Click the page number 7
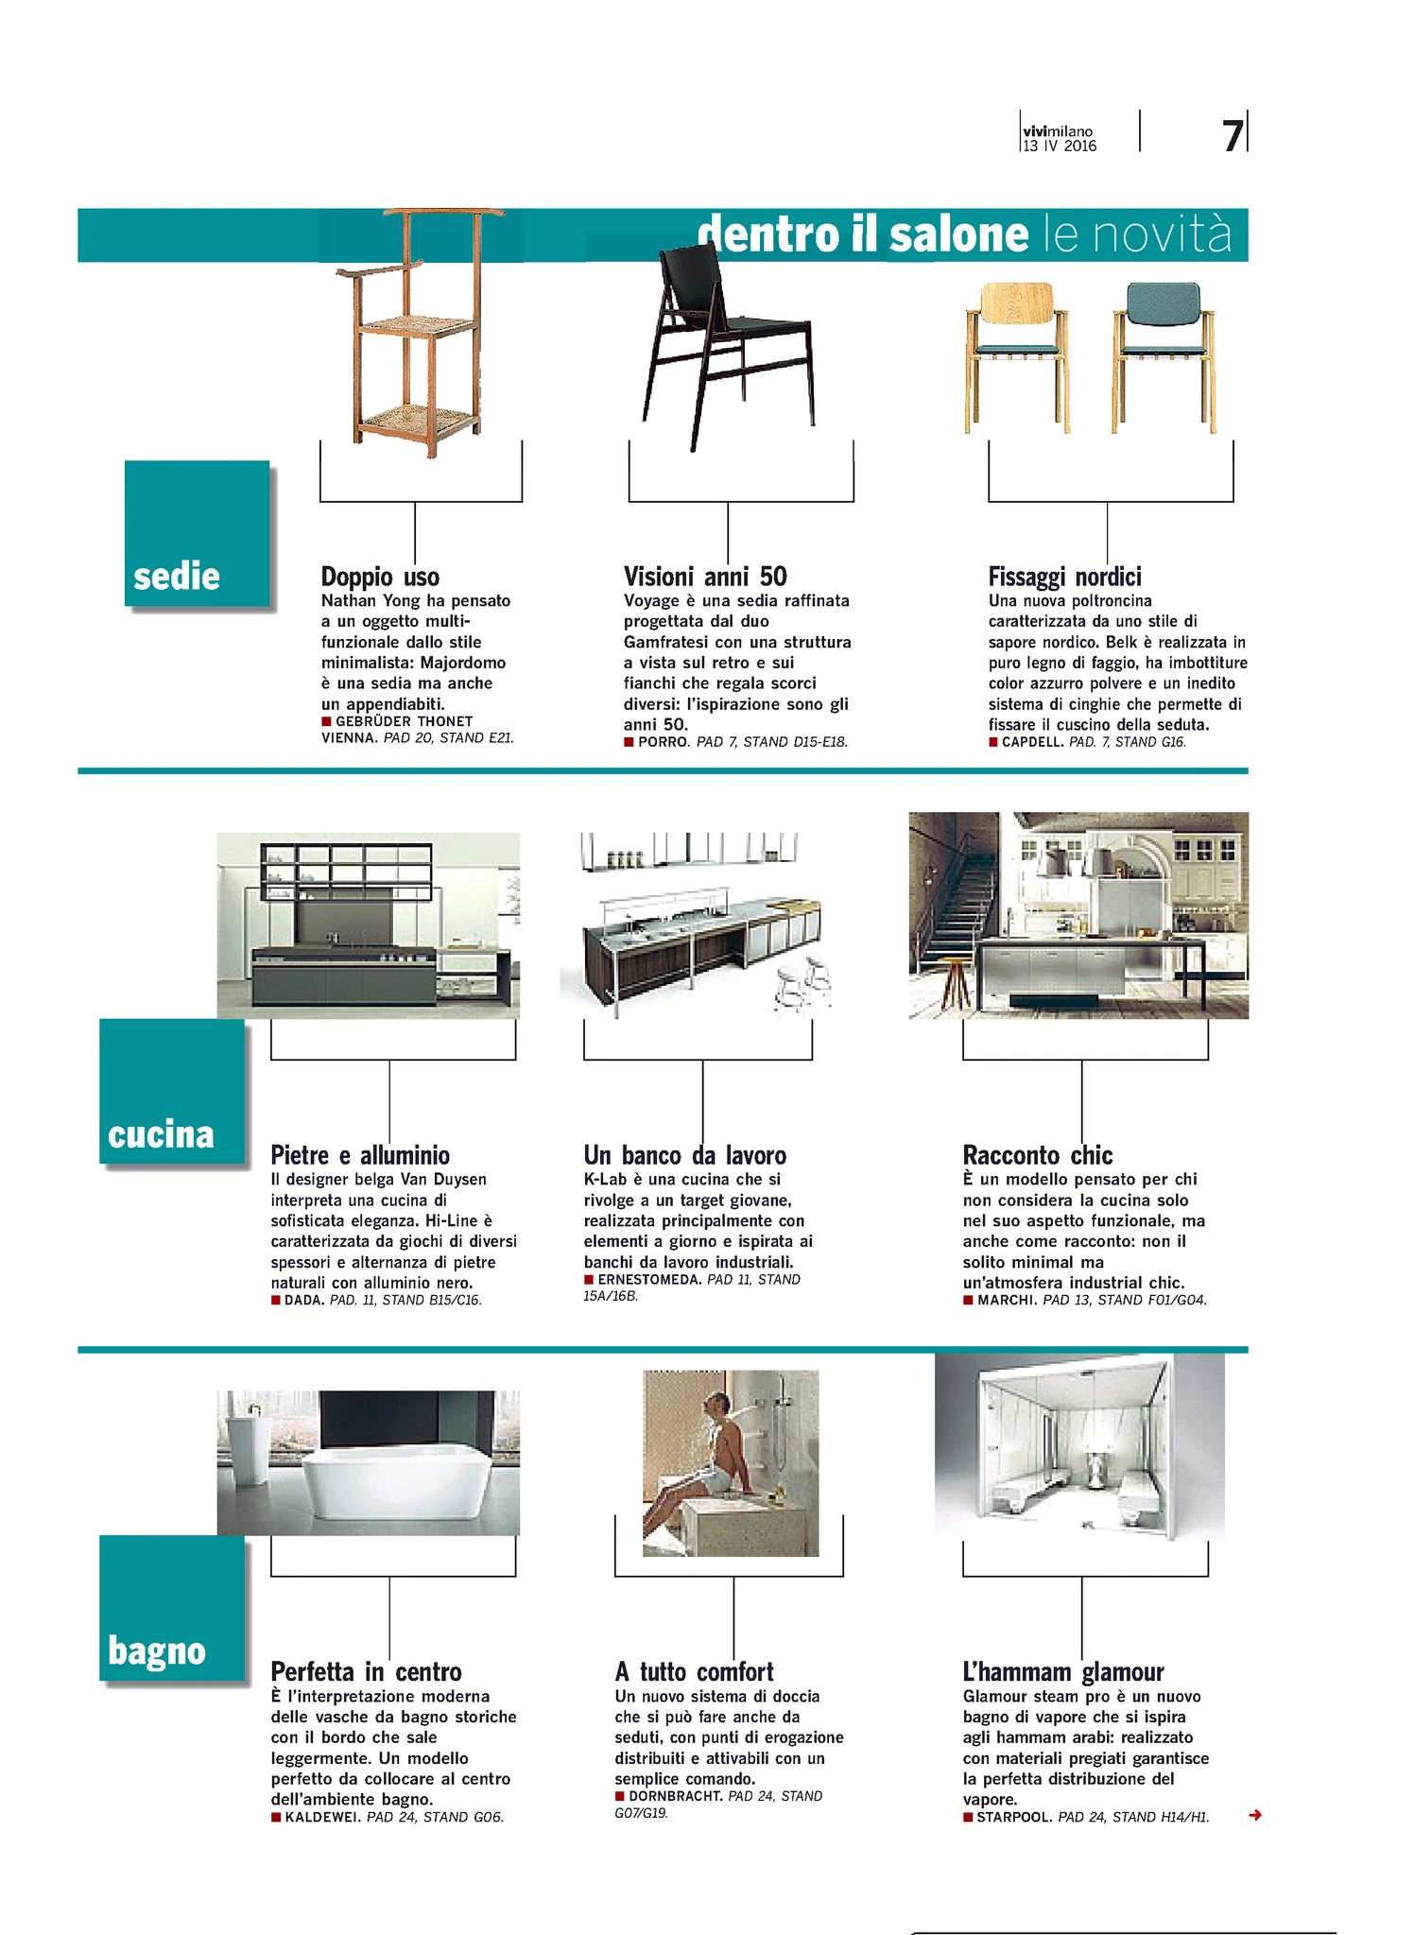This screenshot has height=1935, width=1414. [x=1232, y=136]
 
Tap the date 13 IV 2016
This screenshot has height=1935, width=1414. [x=1060, y=147]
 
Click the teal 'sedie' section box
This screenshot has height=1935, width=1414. [x=197, y=534]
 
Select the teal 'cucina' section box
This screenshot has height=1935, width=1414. [x=171, y=1092]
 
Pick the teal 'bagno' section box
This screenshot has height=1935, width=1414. [x=171, y=1608]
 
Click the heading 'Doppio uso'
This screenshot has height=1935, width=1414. [x=380, y=577]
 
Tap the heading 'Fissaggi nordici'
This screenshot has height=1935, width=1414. [x=1064, y=577]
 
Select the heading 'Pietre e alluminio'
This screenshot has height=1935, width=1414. [x=360, y=1155]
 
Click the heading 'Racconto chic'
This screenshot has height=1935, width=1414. [x=1037, y=1155]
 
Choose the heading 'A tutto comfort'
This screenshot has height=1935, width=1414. [x=694, y=1671]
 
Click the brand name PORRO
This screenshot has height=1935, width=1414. [x=663, y=742]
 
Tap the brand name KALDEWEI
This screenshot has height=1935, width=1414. [x=322, y=1817]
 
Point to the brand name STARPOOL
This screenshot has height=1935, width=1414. [x=1013, y=1817]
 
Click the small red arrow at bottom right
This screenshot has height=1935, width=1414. [x=1254, y=1815]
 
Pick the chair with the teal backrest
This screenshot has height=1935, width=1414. [x=1164, y=354]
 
